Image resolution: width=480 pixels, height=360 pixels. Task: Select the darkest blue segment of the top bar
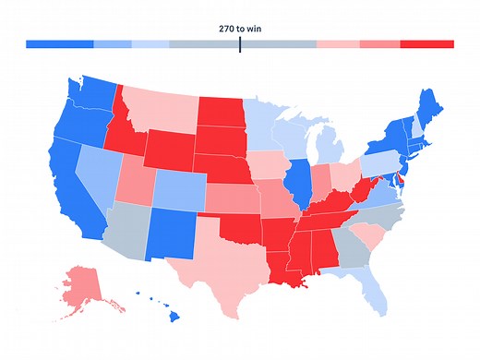click(60, 44)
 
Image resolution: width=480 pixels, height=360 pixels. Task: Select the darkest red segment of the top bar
click(426, 44)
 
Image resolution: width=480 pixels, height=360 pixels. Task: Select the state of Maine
click(426, 102)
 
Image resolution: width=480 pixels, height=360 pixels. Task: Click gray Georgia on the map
click(346, 244)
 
